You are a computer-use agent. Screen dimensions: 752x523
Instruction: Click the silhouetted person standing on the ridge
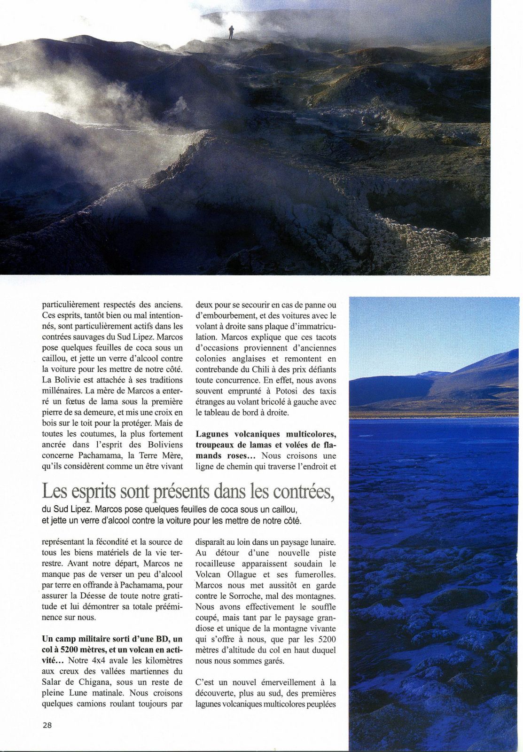tap(231, 32)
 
